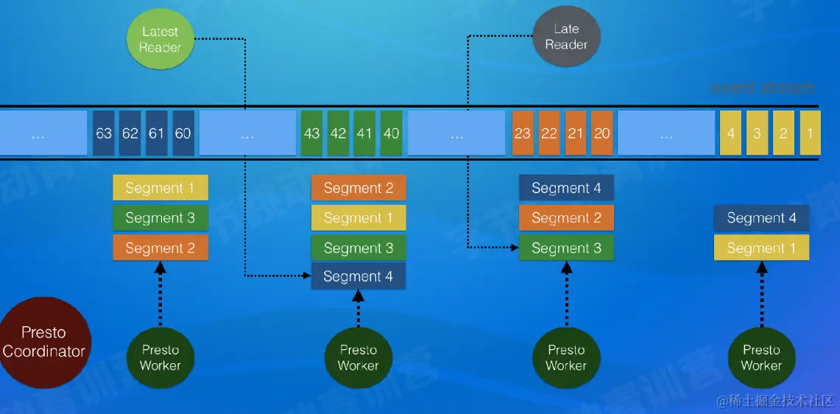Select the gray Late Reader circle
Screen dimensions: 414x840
[565, 37]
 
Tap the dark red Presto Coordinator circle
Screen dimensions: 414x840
[44, 343]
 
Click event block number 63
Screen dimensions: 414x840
[104, 133]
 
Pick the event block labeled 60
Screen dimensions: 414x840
[183, 133]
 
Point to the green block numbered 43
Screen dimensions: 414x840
[311, 133]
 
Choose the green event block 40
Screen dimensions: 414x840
[392, 133]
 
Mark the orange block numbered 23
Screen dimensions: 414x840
[523, 133]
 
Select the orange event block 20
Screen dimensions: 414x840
[602, 133]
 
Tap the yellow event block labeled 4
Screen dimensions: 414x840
[731, 133]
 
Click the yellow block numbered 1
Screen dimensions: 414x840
[810, 133]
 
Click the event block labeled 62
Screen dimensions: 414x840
[130, 133]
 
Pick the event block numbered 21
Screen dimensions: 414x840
[576, 133]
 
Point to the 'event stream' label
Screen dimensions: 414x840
[763, 88]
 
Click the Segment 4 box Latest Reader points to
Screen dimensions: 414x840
[359, 277]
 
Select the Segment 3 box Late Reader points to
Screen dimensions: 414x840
[566, 248]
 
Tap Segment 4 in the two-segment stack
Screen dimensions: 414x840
[761, 218]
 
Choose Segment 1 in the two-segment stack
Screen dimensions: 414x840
[761, 248]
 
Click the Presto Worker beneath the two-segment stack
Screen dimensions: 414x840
[761, 357]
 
